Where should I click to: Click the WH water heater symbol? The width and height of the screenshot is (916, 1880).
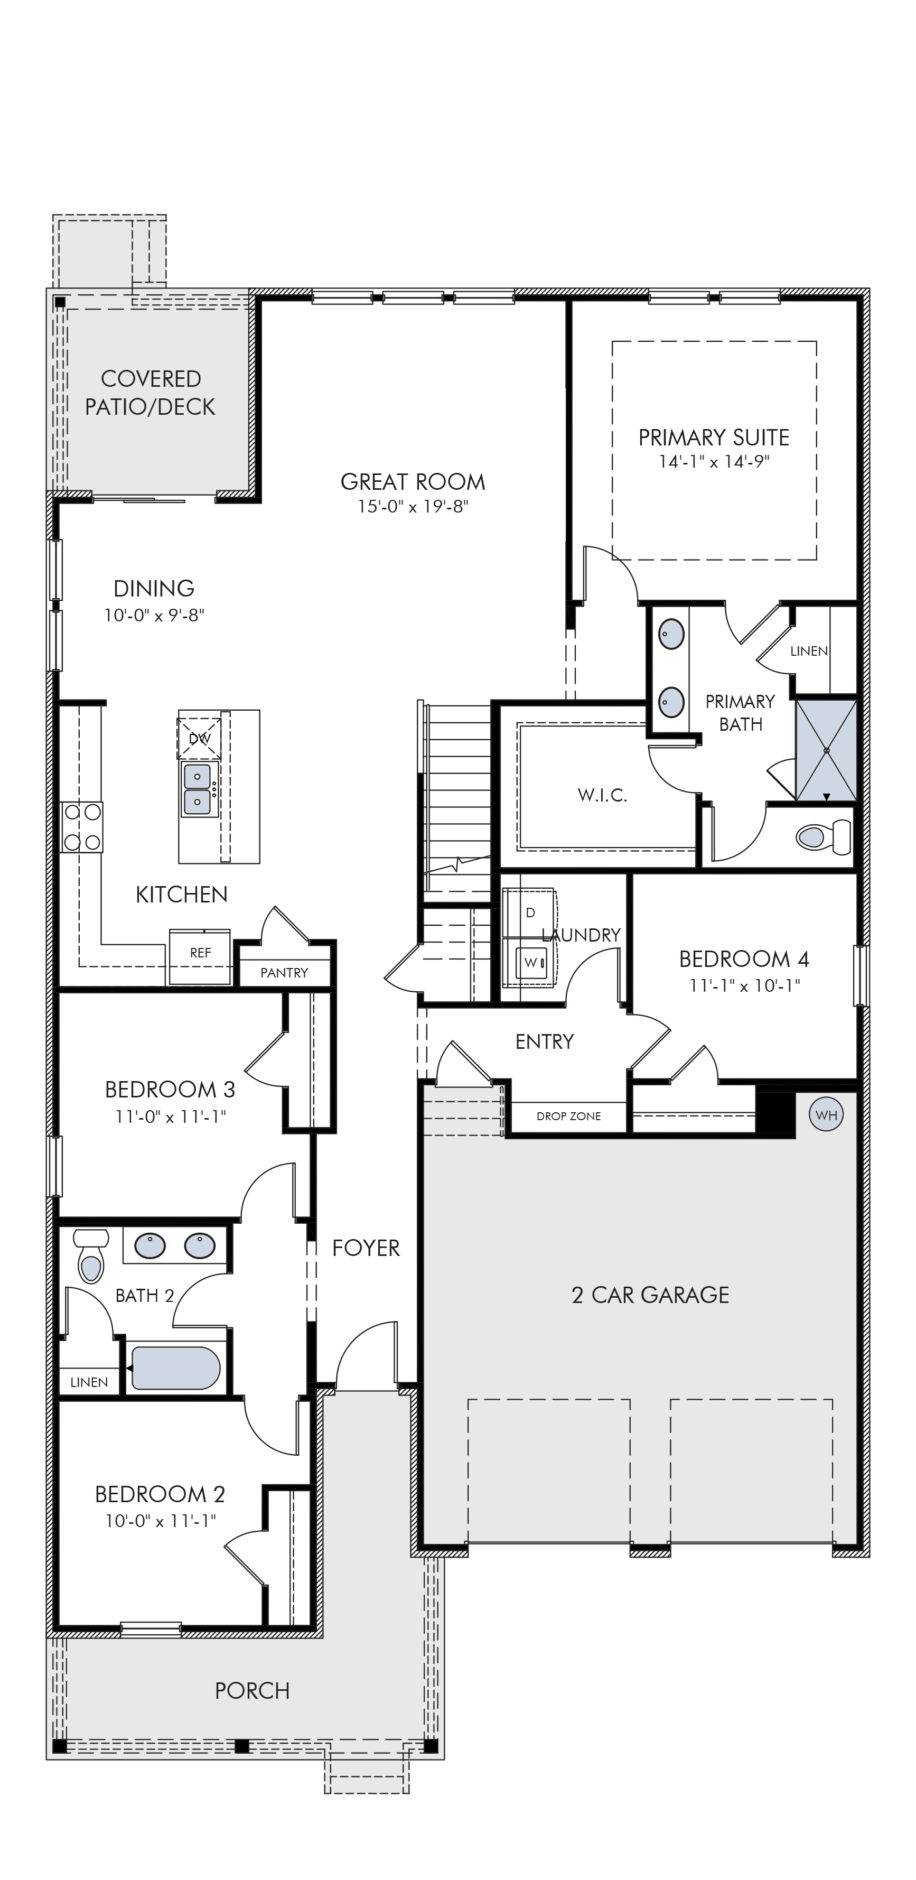click(x=826, y=1115)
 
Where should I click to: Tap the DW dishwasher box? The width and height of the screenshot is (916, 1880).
click(x=199, y=738)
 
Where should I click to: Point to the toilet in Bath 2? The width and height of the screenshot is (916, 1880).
click(x=91, y=1256)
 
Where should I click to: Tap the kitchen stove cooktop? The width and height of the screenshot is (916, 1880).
click(x=82, y=827)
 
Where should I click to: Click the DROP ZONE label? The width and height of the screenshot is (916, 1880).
click(x=568, y=1116)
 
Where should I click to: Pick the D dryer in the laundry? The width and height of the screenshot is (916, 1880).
click(x=530, y=913)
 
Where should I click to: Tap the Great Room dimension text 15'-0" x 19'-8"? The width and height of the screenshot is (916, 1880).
click(x=413, y=507)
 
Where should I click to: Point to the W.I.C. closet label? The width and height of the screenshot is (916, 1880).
click(x=603, y=796)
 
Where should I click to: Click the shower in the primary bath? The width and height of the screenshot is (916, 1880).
click(x=826, y=750)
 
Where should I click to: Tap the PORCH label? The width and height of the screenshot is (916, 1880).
click(x=253, y=1691)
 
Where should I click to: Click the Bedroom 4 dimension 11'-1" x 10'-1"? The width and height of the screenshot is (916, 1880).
click(x=744, y=986)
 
